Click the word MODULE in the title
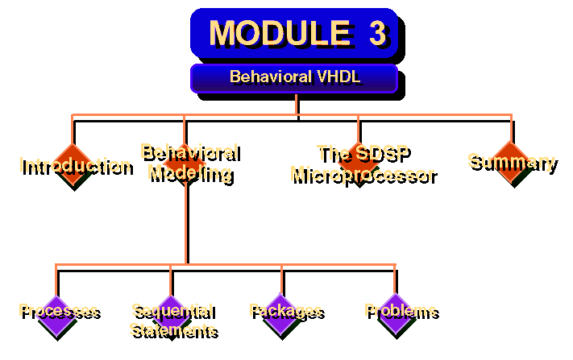click(x=275, y=33)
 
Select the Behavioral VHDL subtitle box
click(x=294, y=78)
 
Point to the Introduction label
click(x=75, y=166)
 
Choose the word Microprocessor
click(x=363, y=174)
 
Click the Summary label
click(x=511, y=161)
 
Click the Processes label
click(x=58, y=311)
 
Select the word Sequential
click(x=172, y=311)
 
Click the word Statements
click(x=172, y=329)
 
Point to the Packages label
click(x=285, y=311)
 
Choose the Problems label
click(x=400, y=311)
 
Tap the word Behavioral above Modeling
click(x=189, y=152)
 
